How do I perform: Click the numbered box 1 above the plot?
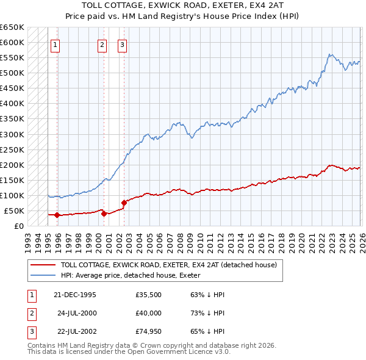(55, 44)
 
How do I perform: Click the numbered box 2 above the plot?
(101, 44)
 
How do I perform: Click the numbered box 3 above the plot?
(122, 44)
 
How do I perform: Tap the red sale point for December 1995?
(57, 215)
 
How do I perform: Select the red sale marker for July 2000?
(104, 214)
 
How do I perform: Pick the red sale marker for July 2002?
(124, 203)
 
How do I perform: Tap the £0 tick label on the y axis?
(18, 226)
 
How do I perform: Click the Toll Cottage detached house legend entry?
(169, 265)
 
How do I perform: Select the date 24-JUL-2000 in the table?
(77, 314)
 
